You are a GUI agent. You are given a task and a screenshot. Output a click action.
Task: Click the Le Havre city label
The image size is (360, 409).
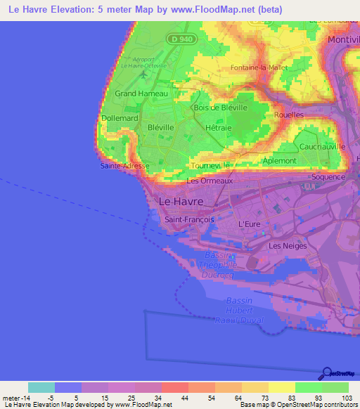(x=181, y=201)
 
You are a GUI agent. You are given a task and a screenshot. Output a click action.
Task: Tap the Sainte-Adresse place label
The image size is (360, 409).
(x=124, y=166)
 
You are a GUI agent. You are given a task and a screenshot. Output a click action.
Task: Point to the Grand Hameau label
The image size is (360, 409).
(x=141, y=93)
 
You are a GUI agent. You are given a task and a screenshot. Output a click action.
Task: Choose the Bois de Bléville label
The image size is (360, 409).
(x=220, y=108)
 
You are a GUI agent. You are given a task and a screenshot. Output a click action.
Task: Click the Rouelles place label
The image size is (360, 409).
(x=288, y=114)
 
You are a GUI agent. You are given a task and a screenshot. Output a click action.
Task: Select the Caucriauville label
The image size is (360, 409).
(x=322, y=146)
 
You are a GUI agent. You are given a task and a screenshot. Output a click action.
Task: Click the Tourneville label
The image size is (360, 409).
(x=211, y=166)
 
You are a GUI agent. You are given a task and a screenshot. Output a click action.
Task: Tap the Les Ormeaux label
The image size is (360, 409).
(x=209, y=181)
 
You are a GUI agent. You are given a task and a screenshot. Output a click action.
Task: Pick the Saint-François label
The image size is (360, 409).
(x=188, y=219)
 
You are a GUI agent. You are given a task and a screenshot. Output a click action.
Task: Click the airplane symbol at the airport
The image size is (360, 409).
(x=143, y=72)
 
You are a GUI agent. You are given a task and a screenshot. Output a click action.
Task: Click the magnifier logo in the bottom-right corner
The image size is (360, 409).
(x=326, y=373)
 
